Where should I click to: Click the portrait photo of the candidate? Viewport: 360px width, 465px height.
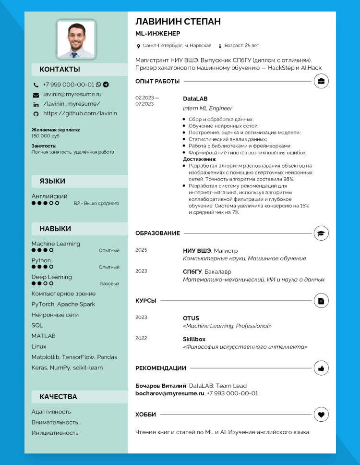pyautogui.click(x=76, y=40)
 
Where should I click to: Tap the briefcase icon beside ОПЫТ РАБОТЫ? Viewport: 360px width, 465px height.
pyautogui.click(x=321, y=81)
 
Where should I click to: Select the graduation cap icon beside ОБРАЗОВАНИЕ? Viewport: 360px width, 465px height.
pyautogui.click(x=321, y=233)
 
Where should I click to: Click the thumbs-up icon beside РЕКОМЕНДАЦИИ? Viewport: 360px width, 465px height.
pyautogui.click(x=321, y=368)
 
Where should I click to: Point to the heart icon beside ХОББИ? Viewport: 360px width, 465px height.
pyautogui.click(x=321, y=414)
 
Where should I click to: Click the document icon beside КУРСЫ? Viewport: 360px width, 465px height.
pyautogui.click(x=321, y=301)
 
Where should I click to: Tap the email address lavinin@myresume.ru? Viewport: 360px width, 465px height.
pyautogui.click(x=72, y=95)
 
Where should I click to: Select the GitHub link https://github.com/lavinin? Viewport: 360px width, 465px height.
pyautogui.click(x=80, y=114)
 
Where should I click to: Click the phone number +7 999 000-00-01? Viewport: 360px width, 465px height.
pyautogui.click(x=69, y=85)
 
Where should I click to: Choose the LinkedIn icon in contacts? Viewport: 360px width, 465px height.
pyautogui.click(x=36, y=104)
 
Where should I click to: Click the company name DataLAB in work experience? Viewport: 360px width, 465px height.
pyautogui.click(x=195, y=99)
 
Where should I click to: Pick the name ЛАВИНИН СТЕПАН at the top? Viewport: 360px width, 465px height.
pyautogui.click(x=178, y=22)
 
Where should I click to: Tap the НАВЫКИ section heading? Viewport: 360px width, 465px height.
pyautogui.click(x=55, y=229)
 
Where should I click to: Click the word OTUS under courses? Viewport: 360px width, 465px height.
pyautogui.click(x=191, y=318)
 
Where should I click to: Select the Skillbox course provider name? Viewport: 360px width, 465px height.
pyautogui.click(x=194, y=339)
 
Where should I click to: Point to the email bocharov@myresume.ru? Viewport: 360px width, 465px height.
pyautogui.click(x=170, y=393)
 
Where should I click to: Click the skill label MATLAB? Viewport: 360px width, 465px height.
pyautogui.click(x=43, y=336)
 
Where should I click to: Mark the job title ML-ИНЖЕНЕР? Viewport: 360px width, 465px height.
pyautogui.click(x=158, y=34)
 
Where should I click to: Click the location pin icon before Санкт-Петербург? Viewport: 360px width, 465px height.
pyautogui.click(x=139, y=46)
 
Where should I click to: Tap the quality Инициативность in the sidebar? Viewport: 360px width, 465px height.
pyautogui.click(x=55, y=433)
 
